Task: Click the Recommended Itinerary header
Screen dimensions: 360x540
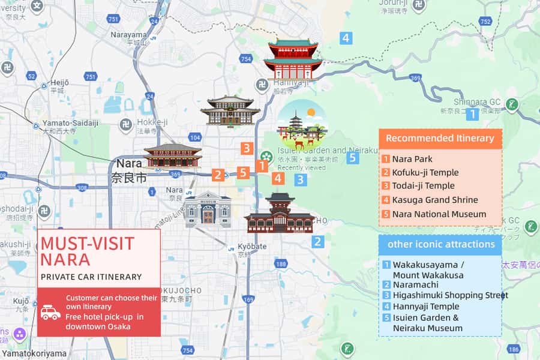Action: (x=440, y=138)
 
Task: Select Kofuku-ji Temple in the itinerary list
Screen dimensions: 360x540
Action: (x=425, y=173)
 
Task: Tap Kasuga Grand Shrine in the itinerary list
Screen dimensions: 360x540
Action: (x=434, y=200)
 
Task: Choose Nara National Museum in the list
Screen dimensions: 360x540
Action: (x=439, y=214)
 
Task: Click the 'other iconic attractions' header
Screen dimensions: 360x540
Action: (x=440, y=244)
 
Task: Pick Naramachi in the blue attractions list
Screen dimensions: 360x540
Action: (x=415, y=284)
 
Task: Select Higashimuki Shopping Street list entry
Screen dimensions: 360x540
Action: (x=450, y=295)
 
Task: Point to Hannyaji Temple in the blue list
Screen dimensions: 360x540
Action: (x=425, y=306)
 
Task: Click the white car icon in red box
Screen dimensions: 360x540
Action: (x=50, y=312)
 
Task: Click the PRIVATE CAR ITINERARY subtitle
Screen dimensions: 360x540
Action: (x=91, y=277)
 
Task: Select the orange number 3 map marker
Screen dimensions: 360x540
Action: (x=247, y=148)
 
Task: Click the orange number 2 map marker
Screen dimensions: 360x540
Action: (x=218, y=175)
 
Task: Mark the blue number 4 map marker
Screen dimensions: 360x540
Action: (x=346, y=38)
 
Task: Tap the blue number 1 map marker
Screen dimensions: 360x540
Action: (x=473, y=114)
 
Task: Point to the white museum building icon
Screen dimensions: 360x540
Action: (x=208, y=209)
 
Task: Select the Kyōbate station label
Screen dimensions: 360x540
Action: (x=251, y=247)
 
